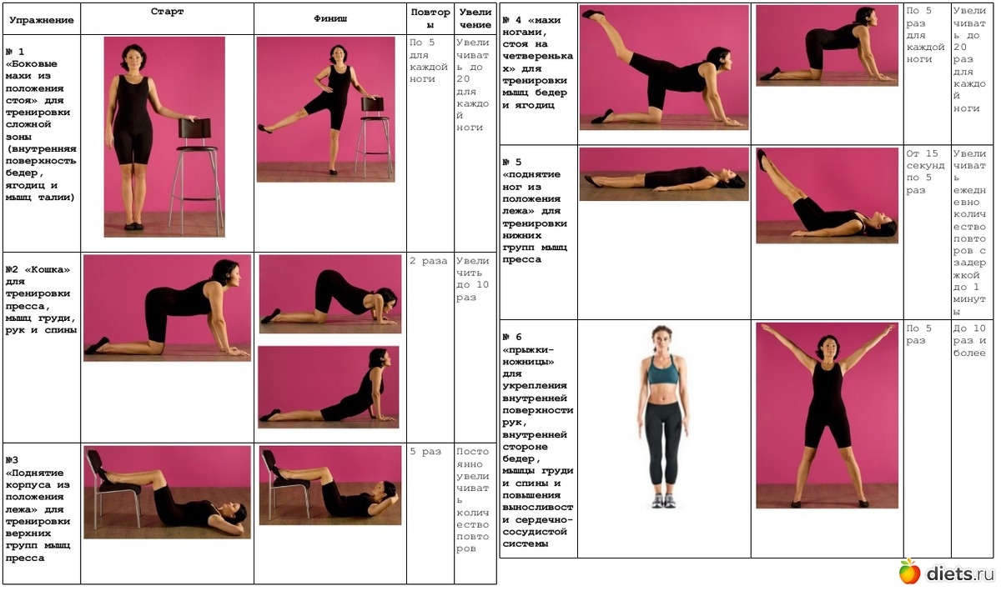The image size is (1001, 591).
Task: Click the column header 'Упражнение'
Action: [42, 20]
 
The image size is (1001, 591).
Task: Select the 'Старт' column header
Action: [167, 12]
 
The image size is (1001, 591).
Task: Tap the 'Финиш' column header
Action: [330, 18]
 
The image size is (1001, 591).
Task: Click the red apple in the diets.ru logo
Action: [909, 572]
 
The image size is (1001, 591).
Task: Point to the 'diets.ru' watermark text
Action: [961, 573]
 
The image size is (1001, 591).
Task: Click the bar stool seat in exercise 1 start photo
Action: [197, 148]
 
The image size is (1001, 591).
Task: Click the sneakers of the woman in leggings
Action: [664, 500]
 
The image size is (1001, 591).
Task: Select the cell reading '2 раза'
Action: [428, 261]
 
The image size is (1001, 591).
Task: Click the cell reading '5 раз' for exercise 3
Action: [425, 452]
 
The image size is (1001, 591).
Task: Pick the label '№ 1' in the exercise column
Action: [15, 52]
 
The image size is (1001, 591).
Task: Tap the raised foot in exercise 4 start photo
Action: [593, 14]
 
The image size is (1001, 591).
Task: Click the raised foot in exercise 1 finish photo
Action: [265, 129]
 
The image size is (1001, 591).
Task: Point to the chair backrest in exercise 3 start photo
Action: [96, 462]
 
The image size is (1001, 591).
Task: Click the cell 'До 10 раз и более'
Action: [968, 341]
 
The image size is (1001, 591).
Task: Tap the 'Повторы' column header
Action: [430, 18]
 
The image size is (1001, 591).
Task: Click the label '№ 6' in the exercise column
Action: [512, 338]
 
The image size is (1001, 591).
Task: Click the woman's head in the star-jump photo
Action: [827, 347]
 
